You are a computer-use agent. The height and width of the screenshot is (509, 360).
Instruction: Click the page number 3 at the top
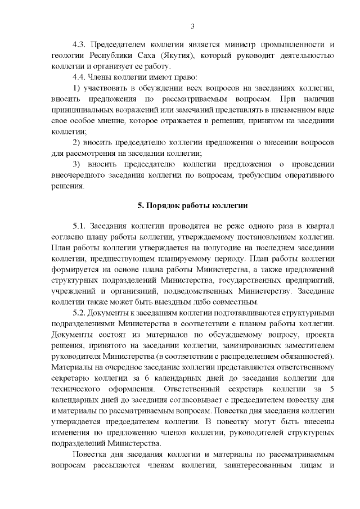click(x=193, y=26)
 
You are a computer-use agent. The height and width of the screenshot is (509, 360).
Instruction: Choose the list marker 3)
click(x=78, y=164)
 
